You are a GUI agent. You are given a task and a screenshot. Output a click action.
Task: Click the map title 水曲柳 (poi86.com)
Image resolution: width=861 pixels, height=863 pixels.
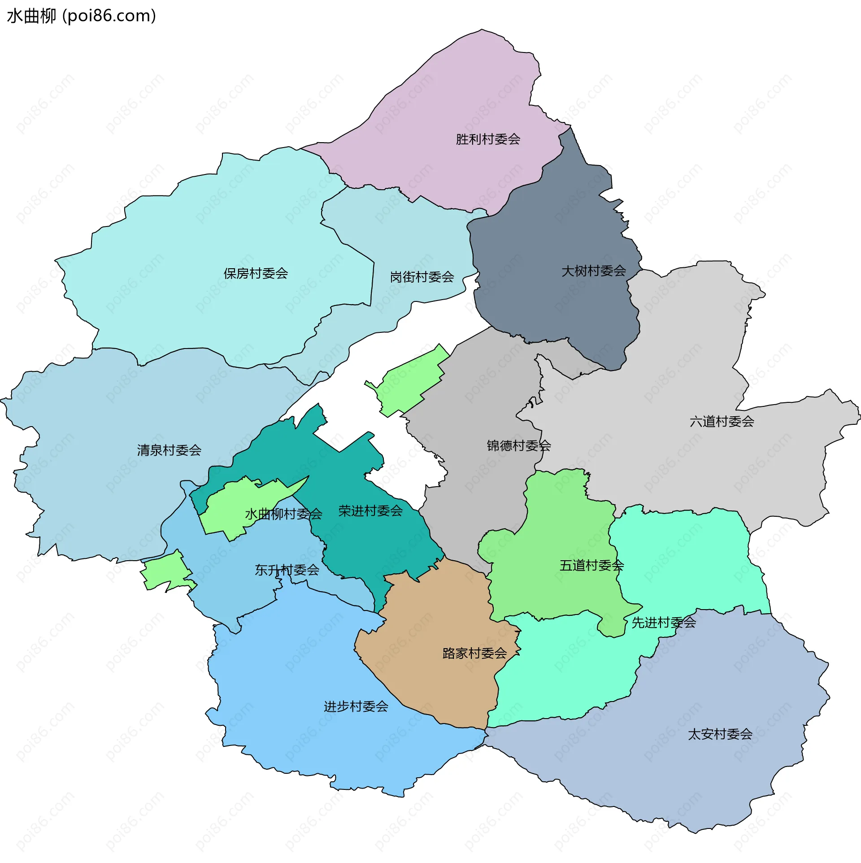coord(81,16)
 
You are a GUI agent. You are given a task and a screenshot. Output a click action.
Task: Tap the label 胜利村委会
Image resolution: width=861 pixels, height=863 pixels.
coord(488,139)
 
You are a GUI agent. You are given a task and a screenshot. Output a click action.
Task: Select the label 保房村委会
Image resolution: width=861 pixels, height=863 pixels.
coord(256,274)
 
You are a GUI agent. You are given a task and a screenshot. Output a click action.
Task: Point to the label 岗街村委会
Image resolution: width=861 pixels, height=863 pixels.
coord(422,277)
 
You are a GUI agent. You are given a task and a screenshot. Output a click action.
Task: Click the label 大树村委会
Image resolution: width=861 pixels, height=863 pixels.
coord(593,271)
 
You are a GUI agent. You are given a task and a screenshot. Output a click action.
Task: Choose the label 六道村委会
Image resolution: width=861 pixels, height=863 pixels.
coord(722,422)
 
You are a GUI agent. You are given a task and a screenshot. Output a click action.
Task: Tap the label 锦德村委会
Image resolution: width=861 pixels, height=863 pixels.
coord(518,446)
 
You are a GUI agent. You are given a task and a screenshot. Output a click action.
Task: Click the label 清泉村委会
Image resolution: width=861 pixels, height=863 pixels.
coord(169,450)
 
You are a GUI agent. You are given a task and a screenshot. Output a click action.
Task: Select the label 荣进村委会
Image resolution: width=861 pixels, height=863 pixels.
coord(370,511)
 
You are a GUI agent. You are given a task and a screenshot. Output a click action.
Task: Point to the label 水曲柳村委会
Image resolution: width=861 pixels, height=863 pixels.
coord(283,514)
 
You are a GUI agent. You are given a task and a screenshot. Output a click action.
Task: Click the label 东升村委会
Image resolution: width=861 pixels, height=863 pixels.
coord(287,570)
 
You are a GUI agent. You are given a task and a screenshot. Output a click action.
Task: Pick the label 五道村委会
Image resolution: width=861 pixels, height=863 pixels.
coord(591,566)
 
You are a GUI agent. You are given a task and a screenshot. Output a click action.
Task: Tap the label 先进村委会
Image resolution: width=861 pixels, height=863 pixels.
coord(664,623)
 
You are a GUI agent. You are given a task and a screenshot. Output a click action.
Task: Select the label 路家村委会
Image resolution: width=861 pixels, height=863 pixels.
coord(474,654)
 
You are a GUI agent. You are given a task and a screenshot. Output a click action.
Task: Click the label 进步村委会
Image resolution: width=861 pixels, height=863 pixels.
coord(356,707)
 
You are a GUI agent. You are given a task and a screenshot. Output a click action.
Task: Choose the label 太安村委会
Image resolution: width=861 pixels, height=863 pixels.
coord(720,734)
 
